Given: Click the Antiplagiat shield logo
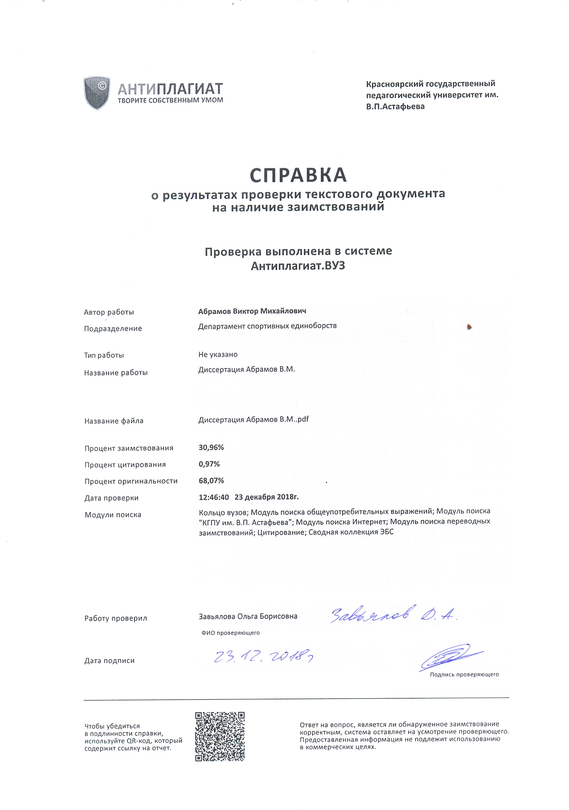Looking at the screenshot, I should pos(97,92).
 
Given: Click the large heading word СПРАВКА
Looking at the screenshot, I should pos(298,175).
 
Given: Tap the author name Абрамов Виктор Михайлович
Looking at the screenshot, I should pos(252,311).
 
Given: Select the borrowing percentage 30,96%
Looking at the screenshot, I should pos(211,447).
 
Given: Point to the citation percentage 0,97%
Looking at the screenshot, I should pos(209,464).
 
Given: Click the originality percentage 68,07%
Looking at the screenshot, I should pos(211,480).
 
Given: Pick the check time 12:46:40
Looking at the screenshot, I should pos(214,497).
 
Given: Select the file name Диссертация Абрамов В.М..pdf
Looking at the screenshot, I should pos(253,419).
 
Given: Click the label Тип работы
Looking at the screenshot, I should pos(104,355).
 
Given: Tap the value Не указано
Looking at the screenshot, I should pos(217,354).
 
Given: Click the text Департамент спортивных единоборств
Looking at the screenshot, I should pos(267,326).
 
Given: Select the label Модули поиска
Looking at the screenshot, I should pos(112,515).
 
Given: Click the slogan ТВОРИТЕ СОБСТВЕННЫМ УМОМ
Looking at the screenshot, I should pos(170,100).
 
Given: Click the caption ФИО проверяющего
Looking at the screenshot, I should pos(230,632).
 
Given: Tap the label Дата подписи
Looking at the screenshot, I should pos(109,660).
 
